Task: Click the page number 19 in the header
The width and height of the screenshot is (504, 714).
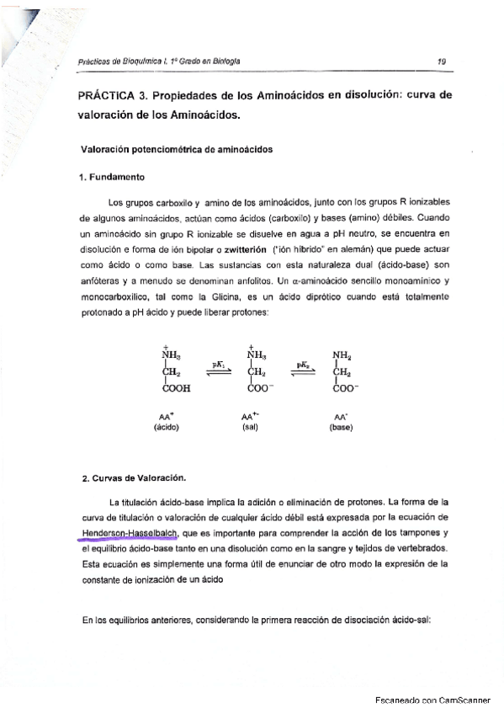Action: [441, 61]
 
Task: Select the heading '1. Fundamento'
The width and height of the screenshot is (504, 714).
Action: [111, 178]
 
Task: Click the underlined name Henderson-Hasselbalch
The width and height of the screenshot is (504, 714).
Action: [125, 534]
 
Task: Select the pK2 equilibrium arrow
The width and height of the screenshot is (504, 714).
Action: [304, 371]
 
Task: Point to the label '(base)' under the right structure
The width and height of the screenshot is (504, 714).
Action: [341, 427]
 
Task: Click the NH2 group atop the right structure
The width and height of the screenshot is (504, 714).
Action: [343, 354]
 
